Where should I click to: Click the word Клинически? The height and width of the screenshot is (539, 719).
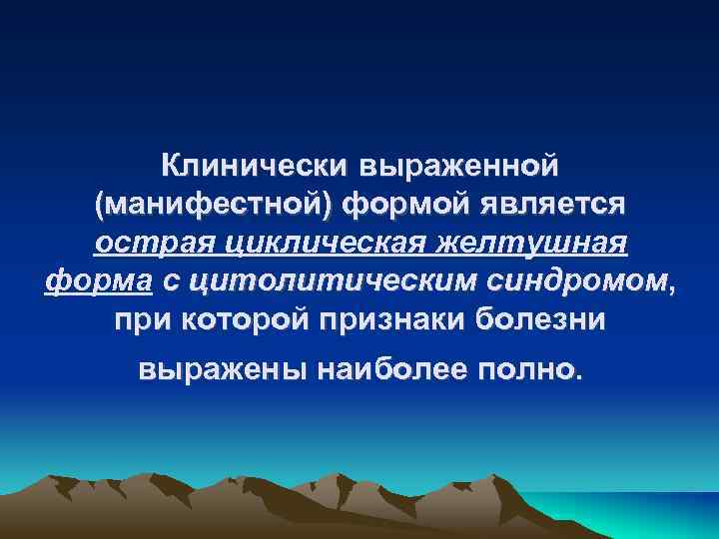tap(252, 163)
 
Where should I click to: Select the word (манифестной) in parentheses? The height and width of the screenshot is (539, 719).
tap(211, 204)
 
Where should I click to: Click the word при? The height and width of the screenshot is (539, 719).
tap(139, 323)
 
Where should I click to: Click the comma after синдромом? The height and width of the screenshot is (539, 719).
tap(674, 291)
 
